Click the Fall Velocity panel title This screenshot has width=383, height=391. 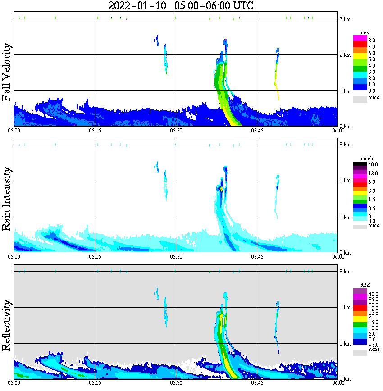[x=7, y=73]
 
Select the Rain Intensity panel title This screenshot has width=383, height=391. [x=7, y=199]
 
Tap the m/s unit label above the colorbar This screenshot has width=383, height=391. [x=365, y=32]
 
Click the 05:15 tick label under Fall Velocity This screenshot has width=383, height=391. [x=95, y=131]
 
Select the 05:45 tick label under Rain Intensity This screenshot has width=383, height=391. [x=257, y=257]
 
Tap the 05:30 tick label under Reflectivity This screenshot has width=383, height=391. [x=176, y=383]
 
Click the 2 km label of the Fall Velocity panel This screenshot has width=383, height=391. [x=345, y=55]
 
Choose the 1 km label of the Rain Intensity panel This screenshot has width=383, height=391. [x=345, y=218]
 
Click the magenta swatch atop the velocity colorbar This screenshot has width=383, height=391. [x=360, y=37]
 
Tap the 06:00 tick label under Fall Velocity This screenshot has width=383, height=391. [x=338, y=131]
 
